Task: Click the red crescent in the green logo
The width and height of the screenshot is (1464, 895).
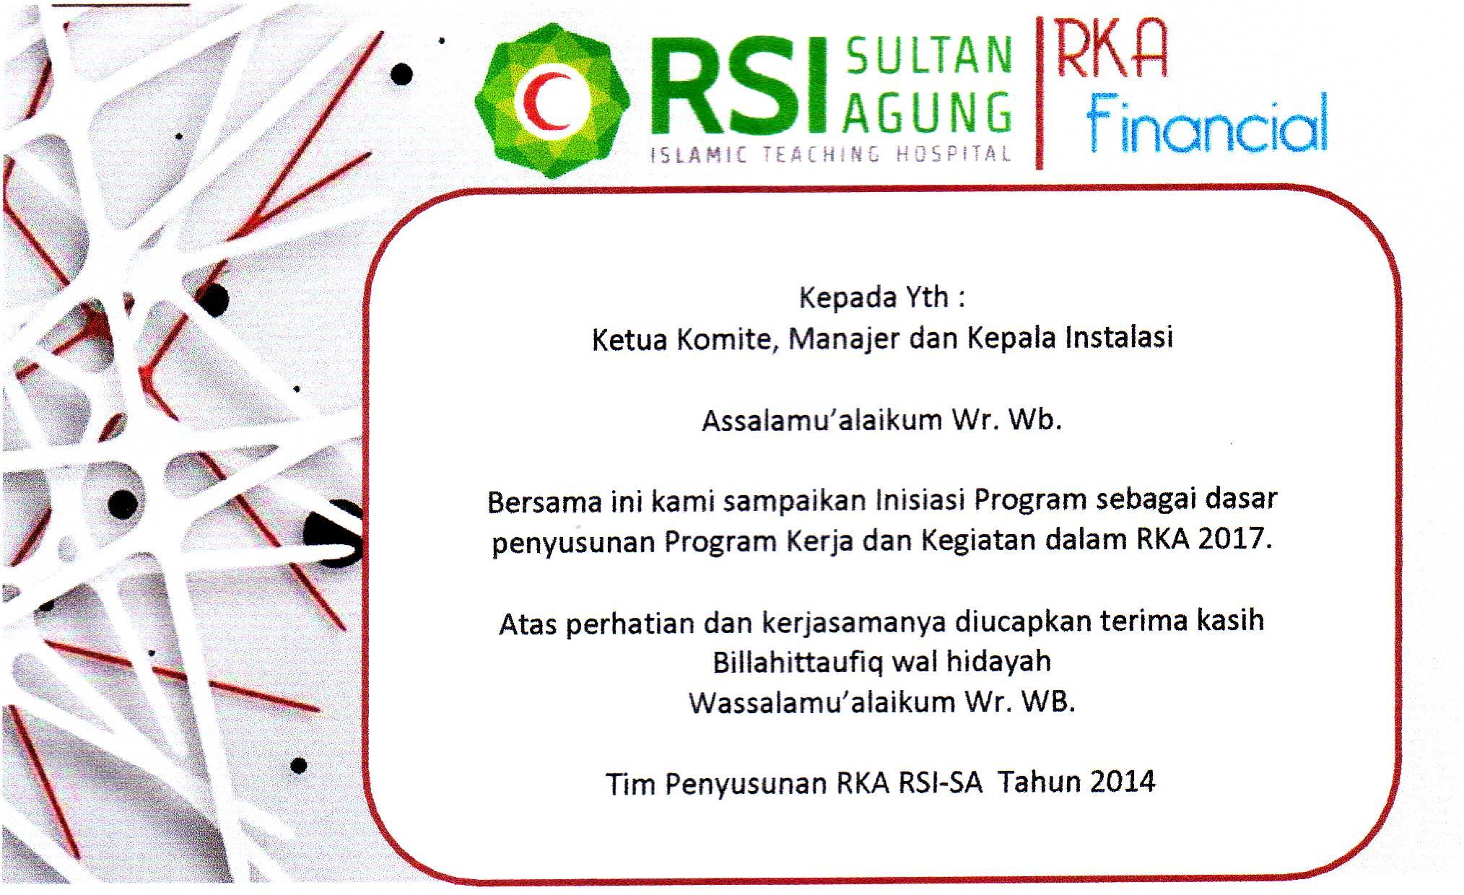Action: (x=541, y=102)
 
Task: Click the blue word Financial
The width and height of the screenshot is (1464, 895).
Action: (x=1207, y=123)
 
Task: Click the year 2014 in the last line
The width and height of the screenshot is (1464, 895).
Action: (x=1123, y=781)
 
